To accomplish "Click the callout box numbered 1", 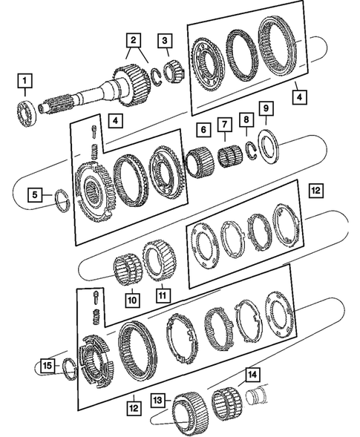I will [27, 80].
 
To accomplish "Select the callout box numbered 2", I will [133, 40].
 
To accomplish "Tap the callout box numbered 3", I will [166, 40].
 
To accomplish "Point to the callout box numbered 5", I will [35, 195].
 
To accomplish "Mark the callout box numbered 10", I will [131, 300].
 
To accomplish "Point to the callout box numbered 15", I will [48, 366].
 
